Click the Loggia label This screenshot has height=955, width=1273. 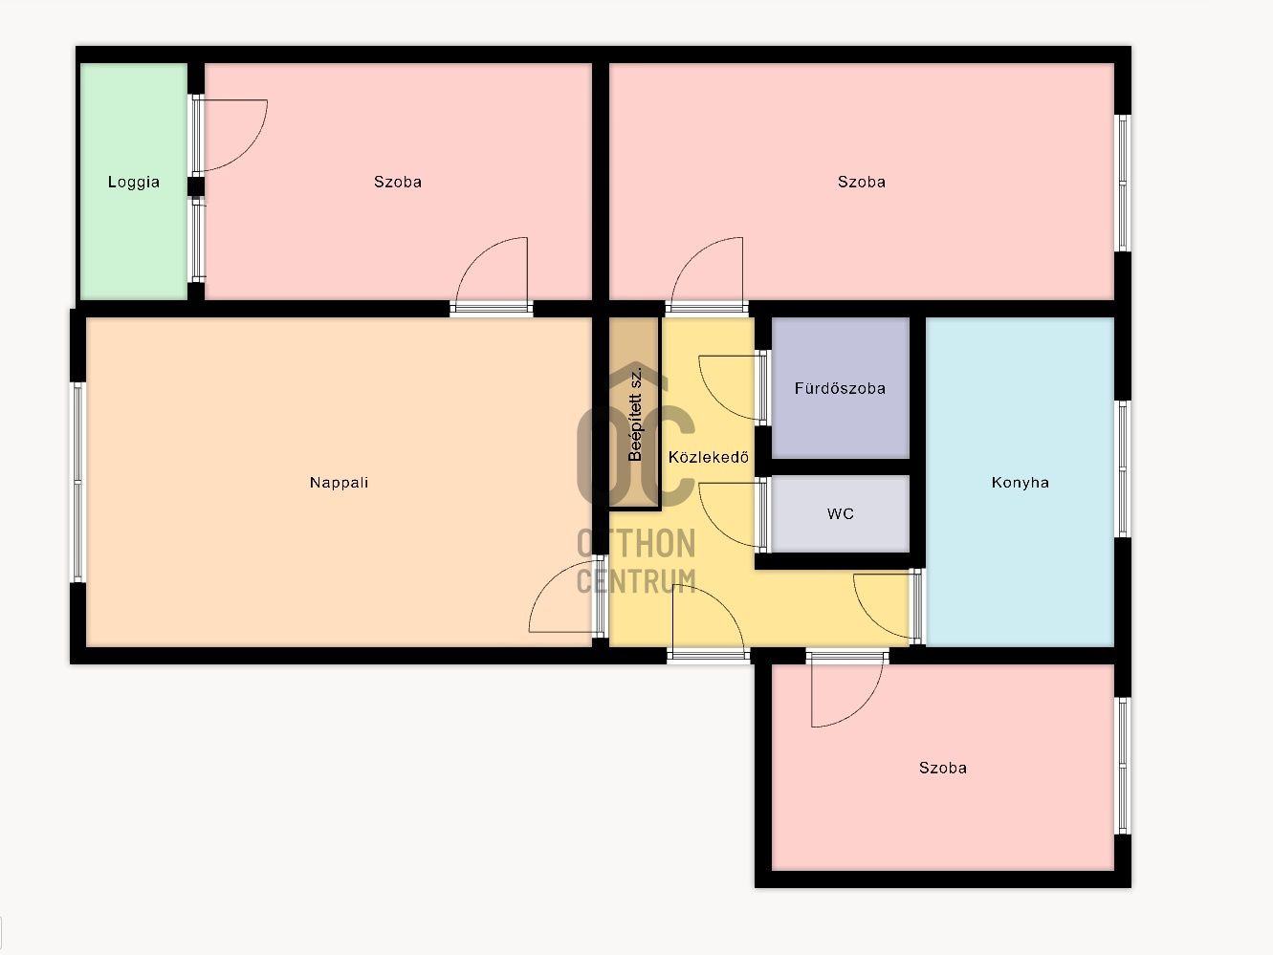pos(133,182)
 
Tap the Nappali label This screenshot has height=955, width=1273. pos(339,482)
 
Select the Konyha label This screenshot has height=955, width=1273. pos(1021,483)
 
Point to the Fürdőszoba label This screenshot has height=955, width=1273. pos(840,388)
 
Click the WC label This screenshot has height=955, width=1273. pos(841,514)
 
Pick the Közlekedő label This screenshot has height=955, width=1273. pos(708,457)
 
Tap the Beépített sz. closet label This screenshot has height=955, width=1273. pos(636,414)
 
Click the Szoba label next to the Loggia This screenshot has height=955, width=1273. pos(397,182)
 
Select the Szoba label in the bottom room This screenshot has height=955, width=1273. pos(942,768)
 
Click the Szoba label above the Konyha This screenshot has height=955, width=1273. pos(861,182)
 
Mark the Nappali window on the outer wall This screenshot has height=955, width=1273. pos(77,482)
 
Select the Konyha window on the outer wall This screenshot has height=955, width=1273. pos(1123,468)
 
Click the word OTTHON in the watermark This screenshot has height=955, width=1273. pos(636,543)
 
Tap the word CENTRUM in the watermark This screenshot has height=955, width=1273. pos(636,580)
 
